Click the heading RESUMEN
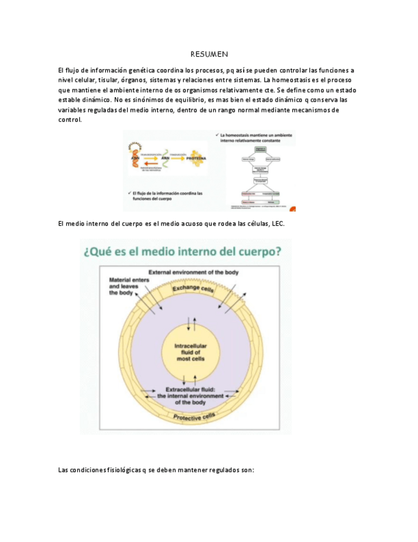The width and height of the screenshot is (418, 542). pos(209,55)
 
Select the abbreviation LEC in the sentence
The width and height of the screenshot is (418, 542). pos(278,224)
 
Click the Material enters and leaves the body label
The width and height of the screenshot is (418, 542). pos(126,286)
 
